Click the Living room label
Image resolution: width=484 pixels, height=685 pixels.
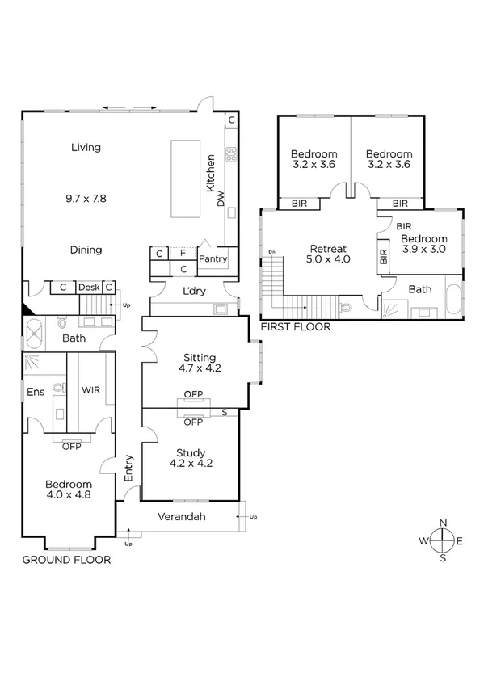tap(86, 147)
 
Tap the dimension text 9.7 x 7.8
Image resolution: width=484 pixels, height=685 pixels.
tap(86, 197)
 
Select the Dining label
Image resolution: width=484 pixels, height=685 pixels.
tap(86, 250)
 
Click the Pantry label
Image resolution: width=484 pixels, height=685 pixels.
tap(213, 259)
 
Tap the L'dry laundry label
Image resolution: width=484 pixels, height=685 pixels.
tap(192, 290)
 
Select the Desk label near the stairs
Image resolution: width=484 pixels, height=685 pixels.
tap(88, 287)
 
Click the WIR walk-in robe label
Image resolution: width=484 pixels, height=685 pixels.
tap(90, 389)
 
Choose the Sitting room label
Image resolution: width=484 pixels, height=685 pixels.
tap(200, 357)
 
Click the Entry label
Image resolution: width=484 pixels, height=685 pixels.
tap(128, 469)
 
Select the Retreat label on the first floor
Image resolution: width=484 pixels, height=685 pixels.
tap(329, 249)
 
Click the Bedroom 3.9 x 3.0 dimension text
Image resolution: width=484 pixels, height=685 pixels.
tap(423, 250)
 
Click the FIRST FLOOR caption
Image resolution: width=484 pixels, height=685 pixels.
tap(295, 327)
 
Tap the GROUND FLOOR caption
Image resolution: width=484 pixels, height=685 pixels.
tap(66, 559)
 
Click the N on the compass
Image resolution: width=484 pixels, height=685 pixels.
tap(442, 523)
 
